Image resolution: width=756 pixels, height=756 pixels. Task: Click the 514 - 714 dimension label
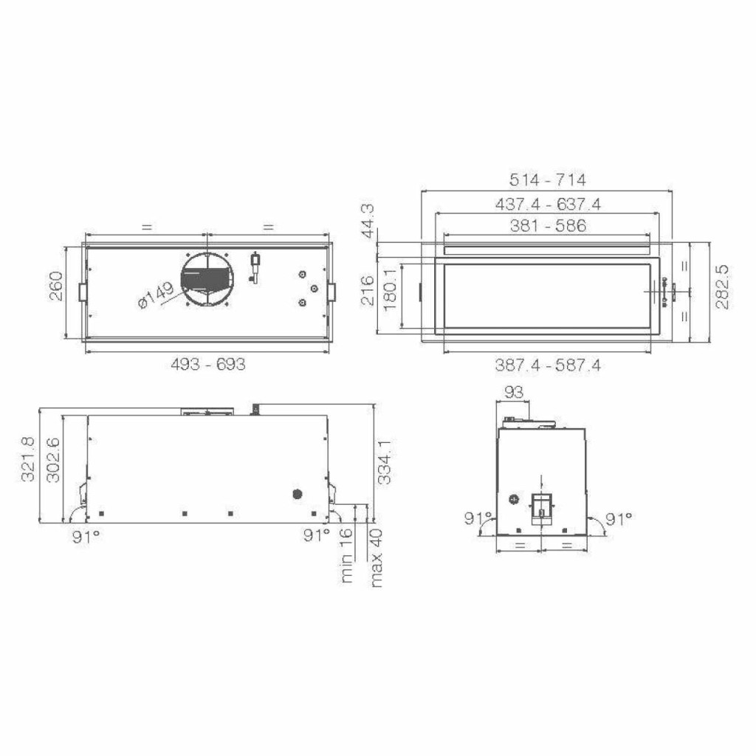pos(548,180)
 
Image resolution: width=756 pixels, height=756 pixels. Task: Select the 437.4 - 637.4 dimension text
pos(548,205)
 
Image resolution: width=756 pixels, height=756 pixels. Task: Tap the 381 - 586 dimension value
pos(549,226)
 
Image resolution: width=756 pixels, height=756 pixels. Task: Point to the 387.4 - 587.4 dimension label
pos(548,365)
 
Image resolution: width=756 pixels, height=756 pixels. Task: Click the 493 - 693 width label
pos(208,364)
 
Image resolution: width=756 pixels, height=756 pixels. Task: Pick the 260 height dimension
pos(56,286)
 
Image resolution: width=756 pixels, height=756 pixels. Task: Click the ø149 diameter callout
pos(156,295)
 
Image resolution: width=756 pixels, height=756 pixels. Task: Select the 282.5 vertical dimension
pos(722,286)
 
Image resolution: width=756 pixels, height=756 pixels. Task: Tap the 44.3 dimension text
pos(368,221)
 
